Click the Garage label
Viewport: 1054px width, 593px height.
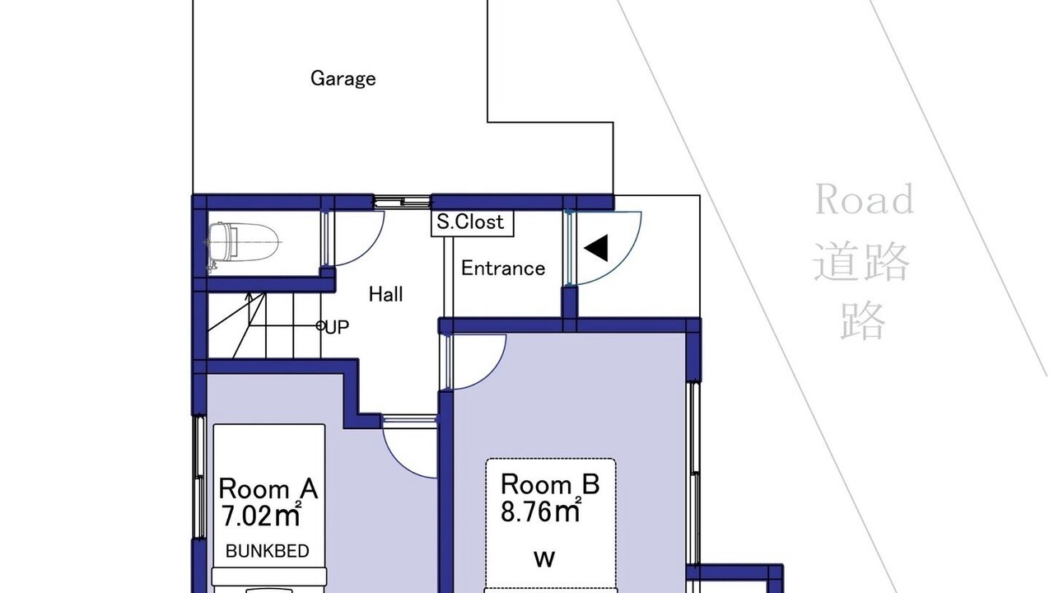click(x=343, y=78)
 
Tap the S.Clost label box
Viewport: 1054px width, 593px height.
click(x=473, y=222)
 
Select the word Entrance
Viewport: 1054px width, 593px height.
click(x=503, y=268)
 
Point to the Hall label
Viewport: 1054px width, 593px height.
click(x=386, y=295)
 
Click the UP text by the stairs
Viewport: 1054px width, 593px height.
click(x=337, y=327)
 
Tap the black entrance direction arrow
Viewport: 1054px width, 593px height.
click(x=596, y=248)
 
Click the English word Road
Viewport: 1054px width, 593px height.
click(x=865, y=199)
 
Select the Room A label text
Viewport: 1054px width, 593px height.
click(x=268, y=488)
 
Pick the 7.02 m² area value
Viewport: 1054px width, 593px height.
click(x=261, y=515)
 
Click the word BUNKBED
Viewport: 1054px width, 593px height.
click(x=268, y=551)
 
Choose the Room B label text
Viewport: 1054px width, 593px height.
click(x=550, y=483)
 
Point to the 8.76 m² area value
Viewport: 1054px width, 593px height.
click(x=541, y=511)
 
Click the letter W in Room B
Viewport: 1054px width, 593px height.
click(x=544, y=559)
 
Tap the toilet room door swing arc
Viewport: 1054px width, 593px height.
click(x=371, y=250)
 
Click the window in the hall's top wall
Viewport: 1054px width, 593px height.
click(x=403, y=203)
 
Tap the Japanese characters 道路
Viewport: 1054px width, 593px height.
click(x=860, y=261)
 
